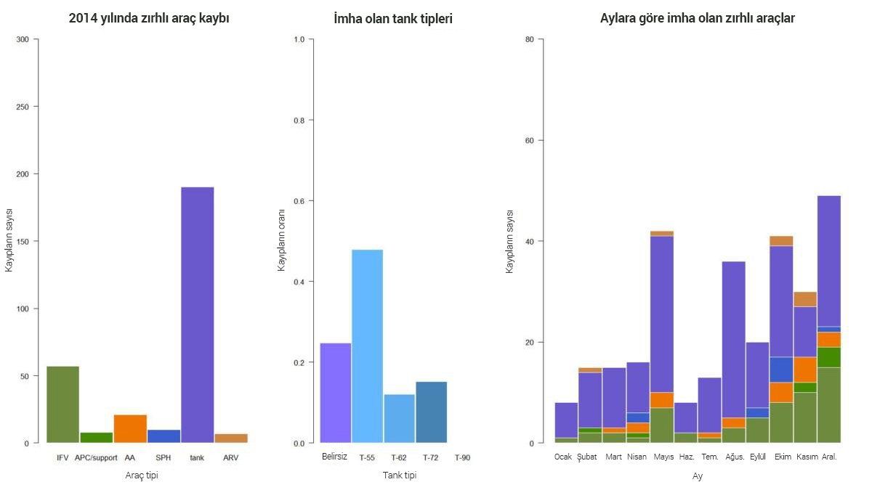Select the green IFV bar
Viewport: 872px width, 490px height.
click(62, 404)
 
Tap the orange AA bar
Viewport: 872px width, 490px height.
click(130, 428)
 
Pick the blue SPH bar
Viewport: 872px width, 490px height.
click(163, 436)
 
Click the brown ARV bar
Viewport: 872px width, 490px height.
click(231, 438)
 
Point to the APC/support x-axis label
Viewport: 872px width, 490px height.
click(96, 458)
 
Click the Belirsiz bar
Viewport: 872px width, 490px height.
click(335, 393)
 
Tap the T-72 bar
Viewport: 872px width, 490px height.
click(431, 412)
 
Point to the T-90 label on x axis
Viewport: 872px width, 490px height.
click(462, 458)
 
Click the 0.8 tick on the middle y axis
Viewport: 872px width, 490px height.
click(299, 120)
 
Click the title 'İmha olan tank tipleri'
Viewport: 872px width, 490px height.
click(392, 19)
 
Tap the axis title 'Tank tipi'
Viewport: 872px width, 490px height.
click(399, 475)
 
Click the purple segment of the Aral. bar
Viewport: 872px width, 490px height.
click(828, 261)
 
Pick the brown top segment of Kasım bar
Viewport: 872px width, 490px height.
click(804, 299)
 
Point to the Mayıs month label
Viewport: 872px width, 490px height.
click(663, 457)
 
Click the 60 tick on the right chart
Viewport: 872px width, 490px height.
click(529, 140)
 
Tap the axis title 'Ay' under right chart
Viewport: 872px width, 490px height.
click(697, 476)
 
